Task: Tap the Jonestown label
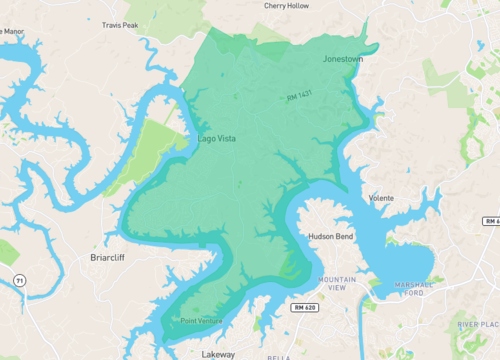click(x=343, y=59)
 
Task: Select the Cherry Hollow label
click(x=287, y=6)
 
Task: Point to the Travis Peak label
click(x=120, y=25)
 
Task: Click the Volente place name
click(x=382, y=198)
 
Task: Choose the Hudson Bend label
click(x=328, y=238)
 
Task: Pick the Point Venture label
click(x=202, y=321)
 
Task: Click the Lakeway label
click(x=218, y=354)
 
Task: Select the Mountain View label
click(x=331, y=282)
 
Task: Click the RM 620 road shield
click(x=305, y=307)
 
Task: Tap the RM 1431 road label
click(x=299, y=96)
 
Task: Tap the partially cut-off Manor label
click(x=12, y=31)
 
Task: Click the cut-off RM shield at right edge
click(x=491, y=221)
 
